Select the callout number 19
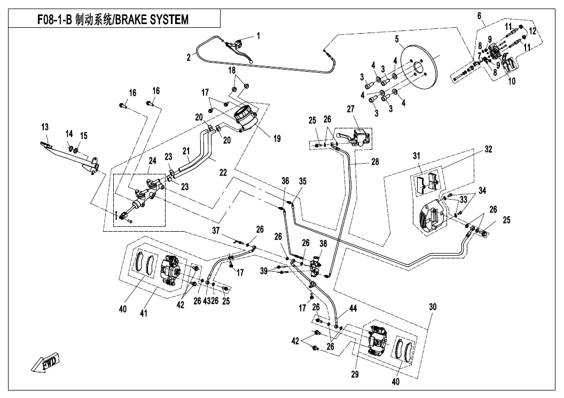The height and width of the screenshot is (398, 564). tap(277, 139)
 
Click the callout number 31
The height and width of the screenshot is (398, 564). tap(417, 156)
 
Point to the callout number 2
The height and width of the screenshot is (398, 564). tap(189, 57)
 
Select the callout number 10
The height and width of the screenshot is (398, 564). tap(512, 82)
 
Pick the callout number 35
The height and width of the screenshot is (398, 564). tap(303, 181)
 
